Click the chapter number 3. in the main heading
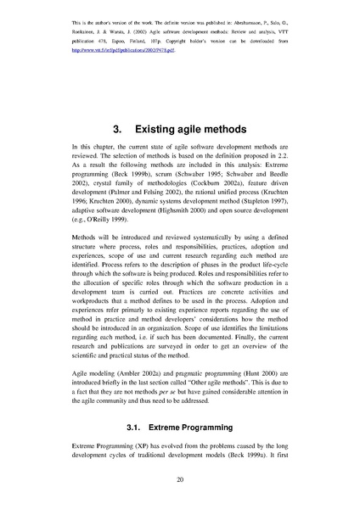[x=120, y=129]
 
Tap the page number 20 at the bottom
[x=180, y=479]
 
